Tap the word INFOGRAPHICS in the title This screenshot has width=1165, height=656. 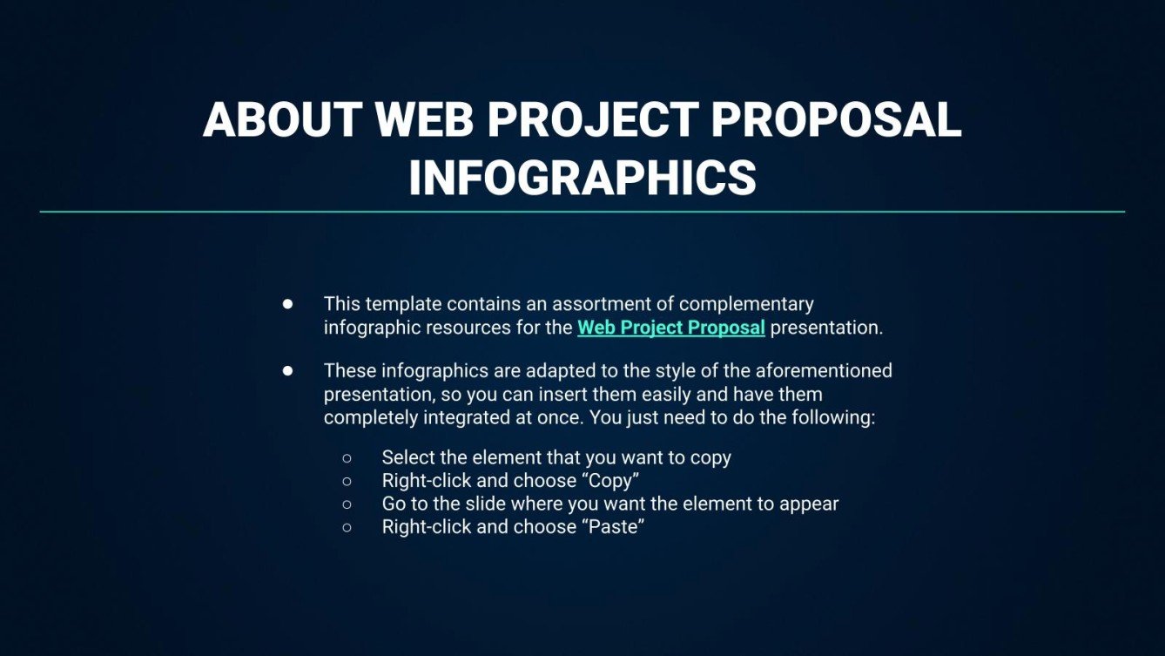pos(582,177)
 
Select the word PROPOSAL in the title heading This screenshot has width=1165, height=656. pos(836,120)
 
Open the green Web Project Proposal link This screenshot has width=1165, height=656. pos(670,328)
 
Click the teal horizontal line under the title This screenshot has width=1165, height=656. pos(582,212)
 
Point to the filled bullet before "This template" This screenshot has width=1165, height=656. pos(287,304)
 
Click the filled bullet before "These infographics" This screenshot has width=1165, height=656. pos(287,370)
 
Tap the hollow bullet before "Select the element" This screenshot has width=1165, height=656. pos(347,457)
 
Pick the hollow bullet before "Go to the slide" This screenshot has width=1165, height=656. pos(347,504)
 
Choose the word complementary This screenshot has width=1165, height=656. pos(746,304)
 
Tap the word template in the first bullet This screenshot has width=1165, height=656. pos(399,304)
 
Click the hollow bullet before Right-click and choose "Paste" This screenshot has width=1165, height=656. pos(347,527)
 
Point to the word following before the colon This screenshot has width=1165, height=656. pos(832,417)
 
